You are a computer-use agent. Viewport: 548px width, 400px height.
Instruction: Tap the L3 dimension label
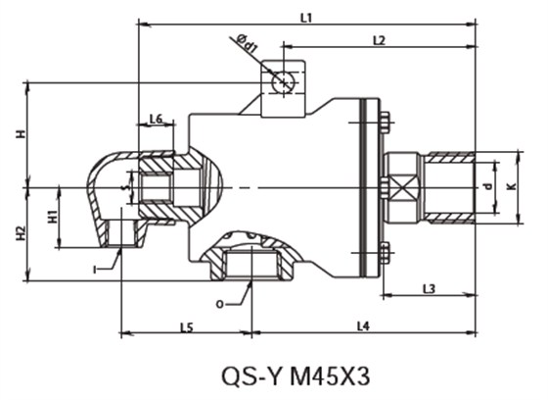430,288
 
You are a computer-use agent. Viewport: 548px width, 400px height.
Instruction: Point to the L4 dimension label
363,325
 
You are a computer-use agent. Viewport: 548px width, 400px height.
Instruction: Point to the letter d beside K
488,184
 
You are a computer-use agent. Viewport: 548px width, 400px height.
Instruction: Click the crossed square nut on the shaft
399,185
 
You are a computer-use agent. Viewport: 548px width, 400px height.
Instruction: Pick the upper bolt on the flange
385,122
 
